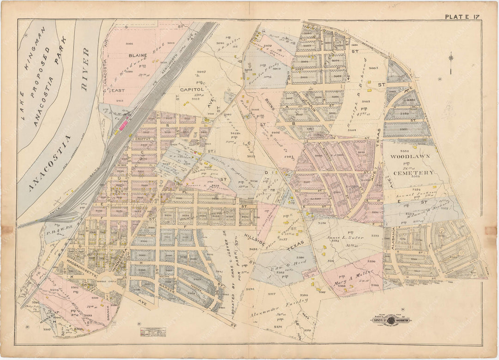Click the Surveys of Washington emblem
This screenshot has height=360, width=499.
(x=390, y=320)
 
